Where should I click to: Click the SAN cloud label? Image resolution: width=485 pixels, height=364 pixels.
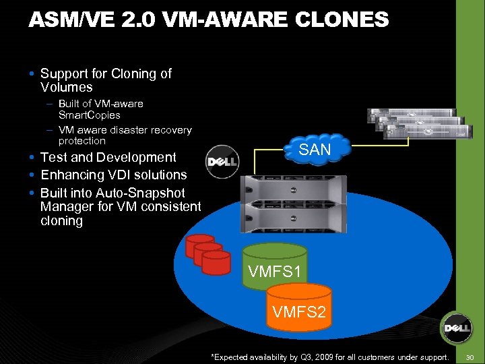point(315,150)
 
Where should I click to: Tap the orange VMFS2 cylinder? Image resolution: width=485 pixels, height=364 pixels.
point(299,309)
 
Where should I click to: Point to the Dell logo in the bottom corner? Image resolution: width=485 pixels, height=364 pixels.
point(456,330)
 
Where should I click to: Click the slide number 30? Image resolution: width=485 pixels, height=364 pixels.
point(470,356)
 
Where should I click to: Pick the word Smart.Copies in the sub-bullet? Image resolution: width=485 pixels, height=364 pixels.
point(90,115)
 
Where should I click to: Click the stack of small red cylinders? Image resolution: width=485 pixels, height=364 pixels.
point(208,254)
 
